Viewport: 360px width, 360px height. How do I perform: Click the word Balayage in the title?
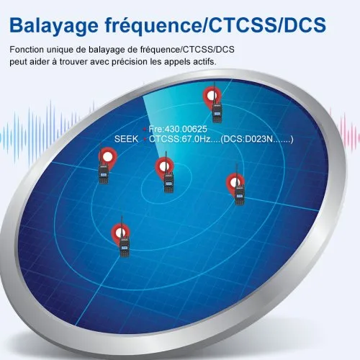pyautogui.click(x=54, y=26)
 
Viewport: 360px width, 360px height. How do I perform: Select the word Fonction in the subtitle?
pyautogui.click(x=27, y=50)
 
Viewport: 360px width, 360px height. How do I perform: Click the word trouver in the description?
pyautogui.click(x=73, y=62)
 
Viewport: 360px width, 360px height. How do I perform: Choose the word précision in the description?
pyautogui.click(x=130, y=63)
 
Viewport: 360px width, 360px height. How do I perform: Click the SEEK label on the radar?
pyautogui.click(x=126, y=139)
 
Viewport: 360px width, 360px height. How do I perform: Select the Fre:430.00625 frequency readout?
pyautogui.click(x=178, y=129)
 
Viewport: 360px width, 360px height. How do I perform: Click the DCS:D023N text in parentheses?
pyautogui.click(x=248, y=139)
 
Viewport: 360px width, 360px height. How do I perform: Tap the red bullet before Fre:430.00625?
pyautogui.click(x=145, y=130)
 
